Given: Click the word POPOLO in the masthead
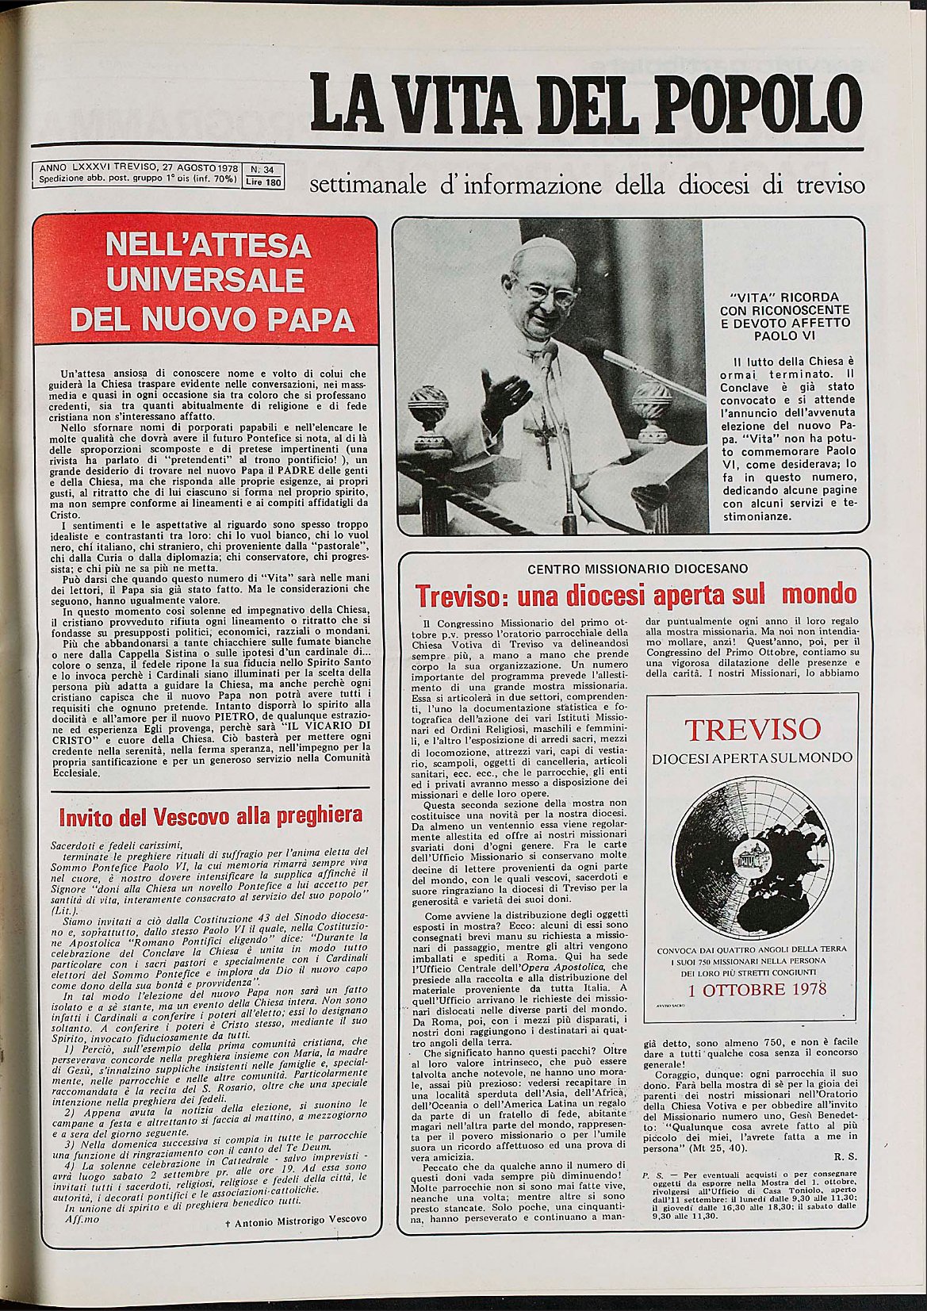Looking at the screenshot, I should point(760,104).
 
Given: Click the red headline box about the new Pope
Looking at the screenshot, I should point(205,280).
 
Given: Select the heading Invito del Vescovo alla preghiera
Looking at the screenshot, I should point(211,816).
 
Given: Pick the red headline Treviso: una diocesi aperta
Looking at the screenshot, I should point(636,594).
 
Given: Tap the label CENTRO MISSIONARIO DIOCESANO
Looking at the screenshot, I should point(637,568).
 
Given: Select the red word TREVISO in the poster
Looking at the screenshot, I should point(753,730).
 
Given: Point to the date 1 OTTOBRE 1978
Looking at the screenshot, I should point(757,989).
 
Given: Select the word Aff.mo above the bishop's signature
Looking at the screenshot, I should point(82,1218).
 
